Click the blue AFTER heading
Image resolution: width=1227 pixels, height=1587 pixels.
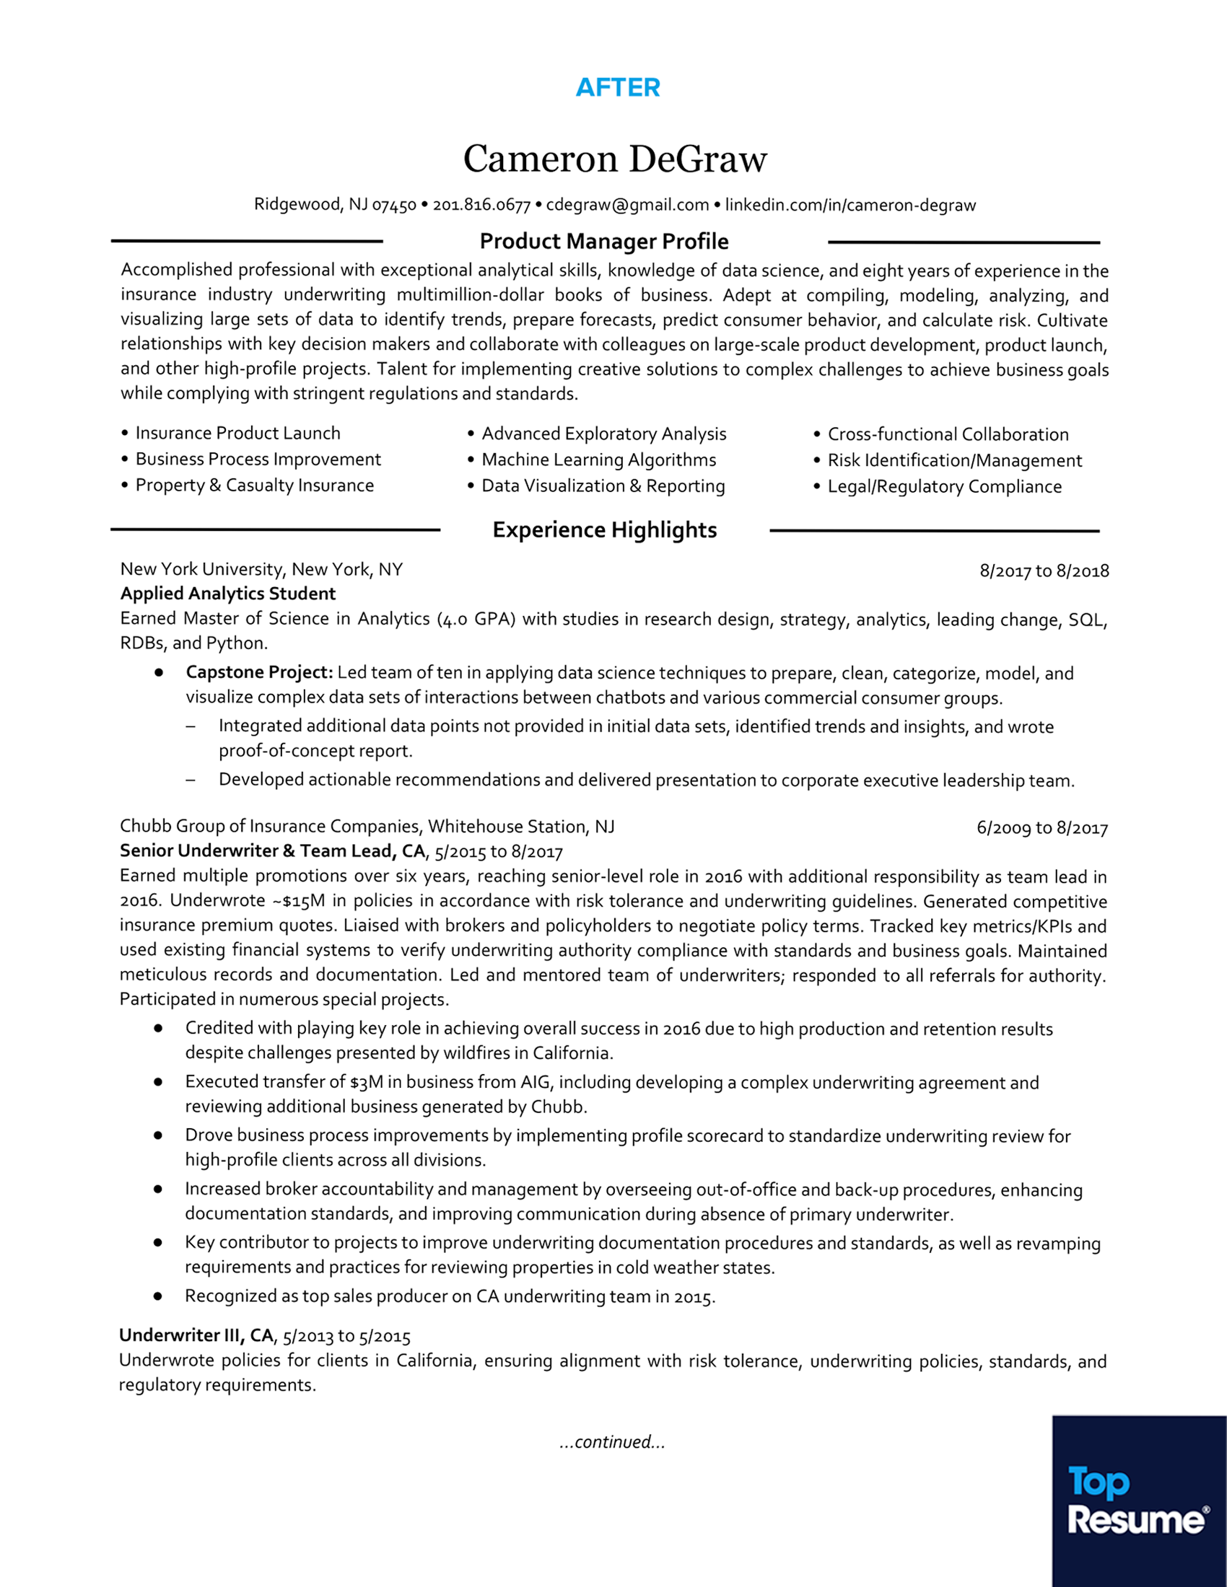point(618,88)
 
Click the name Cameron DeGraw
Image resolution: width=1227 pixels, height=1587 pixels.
point(615,159)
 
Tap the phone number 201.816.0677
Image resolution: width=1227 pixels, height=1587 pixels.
point(481,206)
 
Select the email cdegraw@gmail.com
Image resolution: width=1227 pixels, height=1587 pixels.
point(627,205)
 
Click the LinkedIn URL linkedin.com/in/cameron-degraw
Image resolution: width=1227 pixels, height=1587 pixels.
point(850,205)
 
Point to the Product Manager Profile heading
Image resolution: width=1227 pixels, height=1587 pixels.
point(604,241)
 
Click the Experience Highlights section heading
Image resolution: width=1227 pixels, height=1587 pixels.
point(604,529)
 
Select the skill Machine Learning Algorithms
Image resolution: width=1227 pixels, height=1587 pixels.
point(598,460)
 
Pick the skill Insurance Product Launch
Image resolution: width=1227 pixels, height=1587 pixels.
point(237,433)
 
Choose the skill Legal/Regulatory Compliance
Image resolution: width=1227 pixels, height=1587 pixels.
point(944,487)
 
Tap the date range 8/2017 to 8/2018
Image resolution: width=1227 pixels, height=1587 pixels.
point(1044,571)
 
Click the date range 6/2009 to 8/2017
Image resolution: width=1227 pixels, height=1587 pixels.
point(1042,827)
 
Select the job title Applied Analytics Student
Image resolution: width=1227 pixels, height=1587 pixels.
point(227,594)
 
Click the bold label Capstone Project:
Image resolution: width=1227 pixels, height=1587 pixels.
point(259,673)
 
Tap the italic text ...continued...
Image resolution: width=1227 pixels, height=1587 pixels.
point(612,1442)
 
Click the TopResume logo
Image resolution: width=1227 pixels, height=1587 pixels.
point(1138,1501)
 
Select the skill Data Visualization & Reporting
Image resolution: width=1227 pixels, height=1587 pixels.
point(603,486)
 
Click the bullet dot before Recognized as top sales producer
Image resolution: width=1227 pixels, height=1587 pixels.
point(158,1296)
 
